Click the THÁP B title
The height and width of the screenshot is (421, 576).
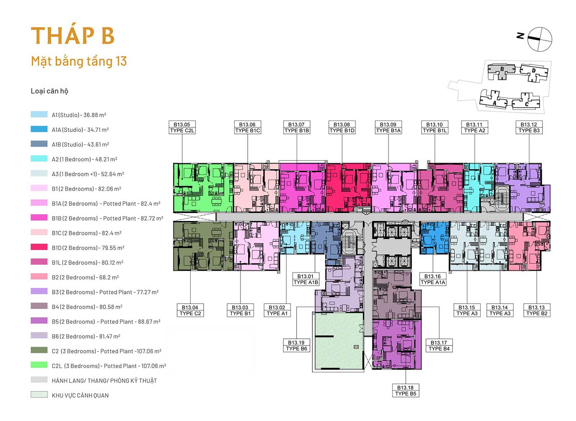click(72, 35)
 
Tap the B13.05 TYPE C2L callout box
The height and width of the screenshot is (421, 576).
click(182, 127)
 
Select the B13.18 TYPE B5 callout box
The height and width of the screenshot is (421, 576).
click(405, 391)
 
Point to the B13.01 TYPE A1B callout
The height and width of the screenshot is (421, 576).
click(306, 279)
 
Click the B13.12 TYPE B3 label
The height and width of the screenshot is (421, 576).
click(529, 127)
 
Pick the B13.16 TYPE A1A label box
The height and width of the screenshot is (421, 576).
click(432, 279)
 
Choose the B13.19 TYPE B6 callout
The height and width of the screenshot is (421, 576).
click(296, 346)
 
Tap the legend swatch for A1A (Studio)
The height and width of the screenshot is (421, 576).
click(39, 129)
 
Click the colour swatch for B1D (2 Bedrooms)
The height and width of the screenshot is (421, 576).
click(39, 247)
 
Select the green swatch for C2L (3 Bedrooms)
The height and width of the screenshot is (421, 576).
click(39, 365)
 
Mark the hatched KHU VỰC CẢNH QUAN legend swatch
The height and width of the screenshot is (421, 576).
click(39, 394)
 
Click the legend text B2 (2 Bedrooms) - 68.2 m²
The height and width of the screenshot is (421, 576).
click(85, 277)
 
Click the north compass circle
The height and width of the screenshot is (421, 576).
click(540, 39)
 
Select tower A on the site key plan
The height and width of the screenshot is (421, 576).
click(494, 99)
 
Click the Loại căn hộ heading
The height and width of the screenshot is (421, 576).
click(49, 91)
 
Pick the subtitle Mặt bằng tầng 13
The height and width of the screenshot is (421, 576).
click(79, 61)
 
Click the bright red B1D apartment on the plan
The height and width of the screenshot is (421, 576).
click(348, 187)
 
